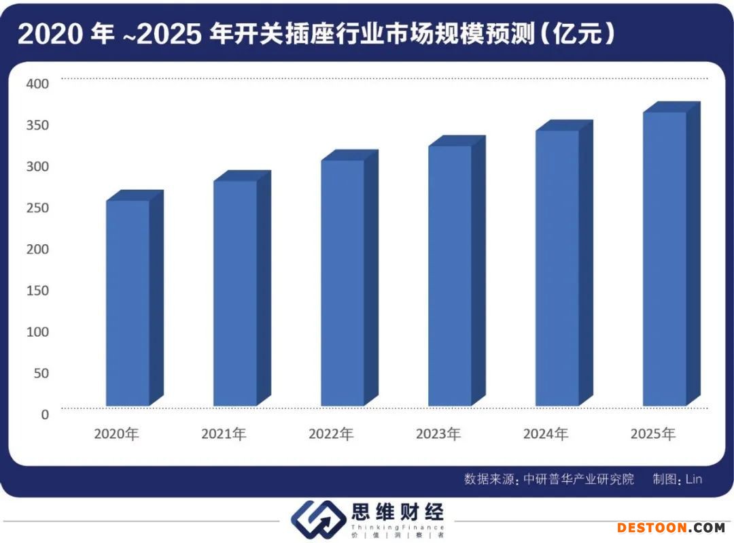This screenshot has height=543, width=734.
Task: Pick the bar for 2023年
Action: coord(450,276)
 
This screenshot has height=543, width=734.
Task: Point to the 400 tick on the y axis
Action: coord(38,84)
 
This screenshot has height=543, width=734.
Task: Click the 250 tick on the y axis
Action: coord(38,208)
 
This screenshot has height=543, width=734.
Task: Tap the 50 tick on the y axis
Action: coord(41,373)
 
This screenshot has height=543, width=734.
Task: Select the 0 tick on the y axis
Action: coord(45,414)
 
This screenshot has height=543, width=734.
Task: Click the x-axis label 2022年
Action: coord(331,434)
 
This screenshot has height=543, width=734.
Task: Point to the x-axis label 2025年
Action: coord(653,434)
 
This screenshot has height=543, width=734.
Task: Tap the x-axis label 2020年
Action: coord(116,434)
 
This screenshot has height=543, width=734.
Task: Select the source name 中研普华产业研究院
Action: coord(579,479)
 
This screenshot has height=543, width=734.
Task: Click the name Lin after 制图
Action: coord(693,479)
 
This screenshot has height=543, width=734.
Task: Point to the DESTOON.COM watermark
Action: coord(671,527)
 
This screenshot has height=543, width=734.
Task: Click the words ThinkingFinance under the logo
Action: coord(398,527)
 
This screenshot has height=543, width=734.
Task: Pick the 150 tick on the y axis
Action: coord(38,291)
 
